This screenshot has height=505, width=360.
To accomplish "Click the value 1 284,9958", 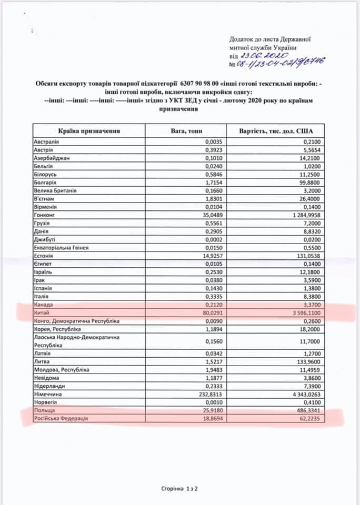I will (303, 215).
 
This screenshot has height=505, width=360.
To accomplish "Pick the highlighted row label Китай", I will (42, 313).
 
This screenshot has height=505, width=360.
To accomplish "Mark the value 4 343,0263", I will (303, 394).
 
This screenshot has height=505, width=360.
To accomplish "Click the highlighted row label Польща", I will (44, 410).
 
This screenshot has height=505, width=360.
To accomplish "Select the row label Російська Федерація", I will (61, 418).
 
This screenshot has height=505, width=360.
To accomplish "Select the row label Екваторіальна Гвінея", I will (61, 248).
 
